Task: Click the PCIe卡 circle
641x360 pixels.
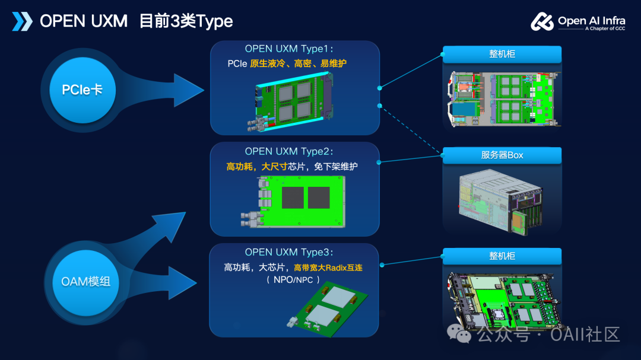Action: coord(82,90)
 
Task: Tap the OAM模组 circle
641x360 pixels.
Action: coord(85,282)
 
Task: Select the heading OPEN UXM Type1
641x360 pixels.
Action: coord(288,49)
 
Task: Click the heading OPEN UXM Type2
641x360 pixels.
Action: coord(288,152)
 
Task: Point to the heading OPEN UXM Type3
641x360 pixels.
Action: coord(288,253)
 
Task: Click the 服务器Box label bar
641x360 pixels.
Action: coord(502,155)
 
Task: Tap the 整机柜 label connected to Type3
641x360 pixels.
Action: coord(502,256)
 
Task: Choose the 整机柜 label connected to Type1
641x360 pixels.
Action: coord(502,55)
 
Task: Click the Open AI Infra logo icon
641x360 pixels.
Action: coord(542,22)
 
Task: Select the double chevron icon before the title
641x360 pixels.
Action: coord(22,21)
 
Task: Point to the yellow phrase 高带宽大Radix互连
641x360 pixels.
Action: coord(328,268)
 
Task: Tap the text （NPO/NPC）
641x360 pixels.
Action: coord(293,281)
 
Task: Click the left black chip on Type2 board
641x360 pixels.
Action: coord(293,197)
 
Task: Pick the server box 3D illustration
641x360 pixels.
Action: coord(500,202)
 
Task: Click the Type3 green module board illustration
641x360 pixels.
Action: coord(327,310)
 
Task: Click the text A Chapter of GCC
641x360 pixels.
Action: coord(605,28)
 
